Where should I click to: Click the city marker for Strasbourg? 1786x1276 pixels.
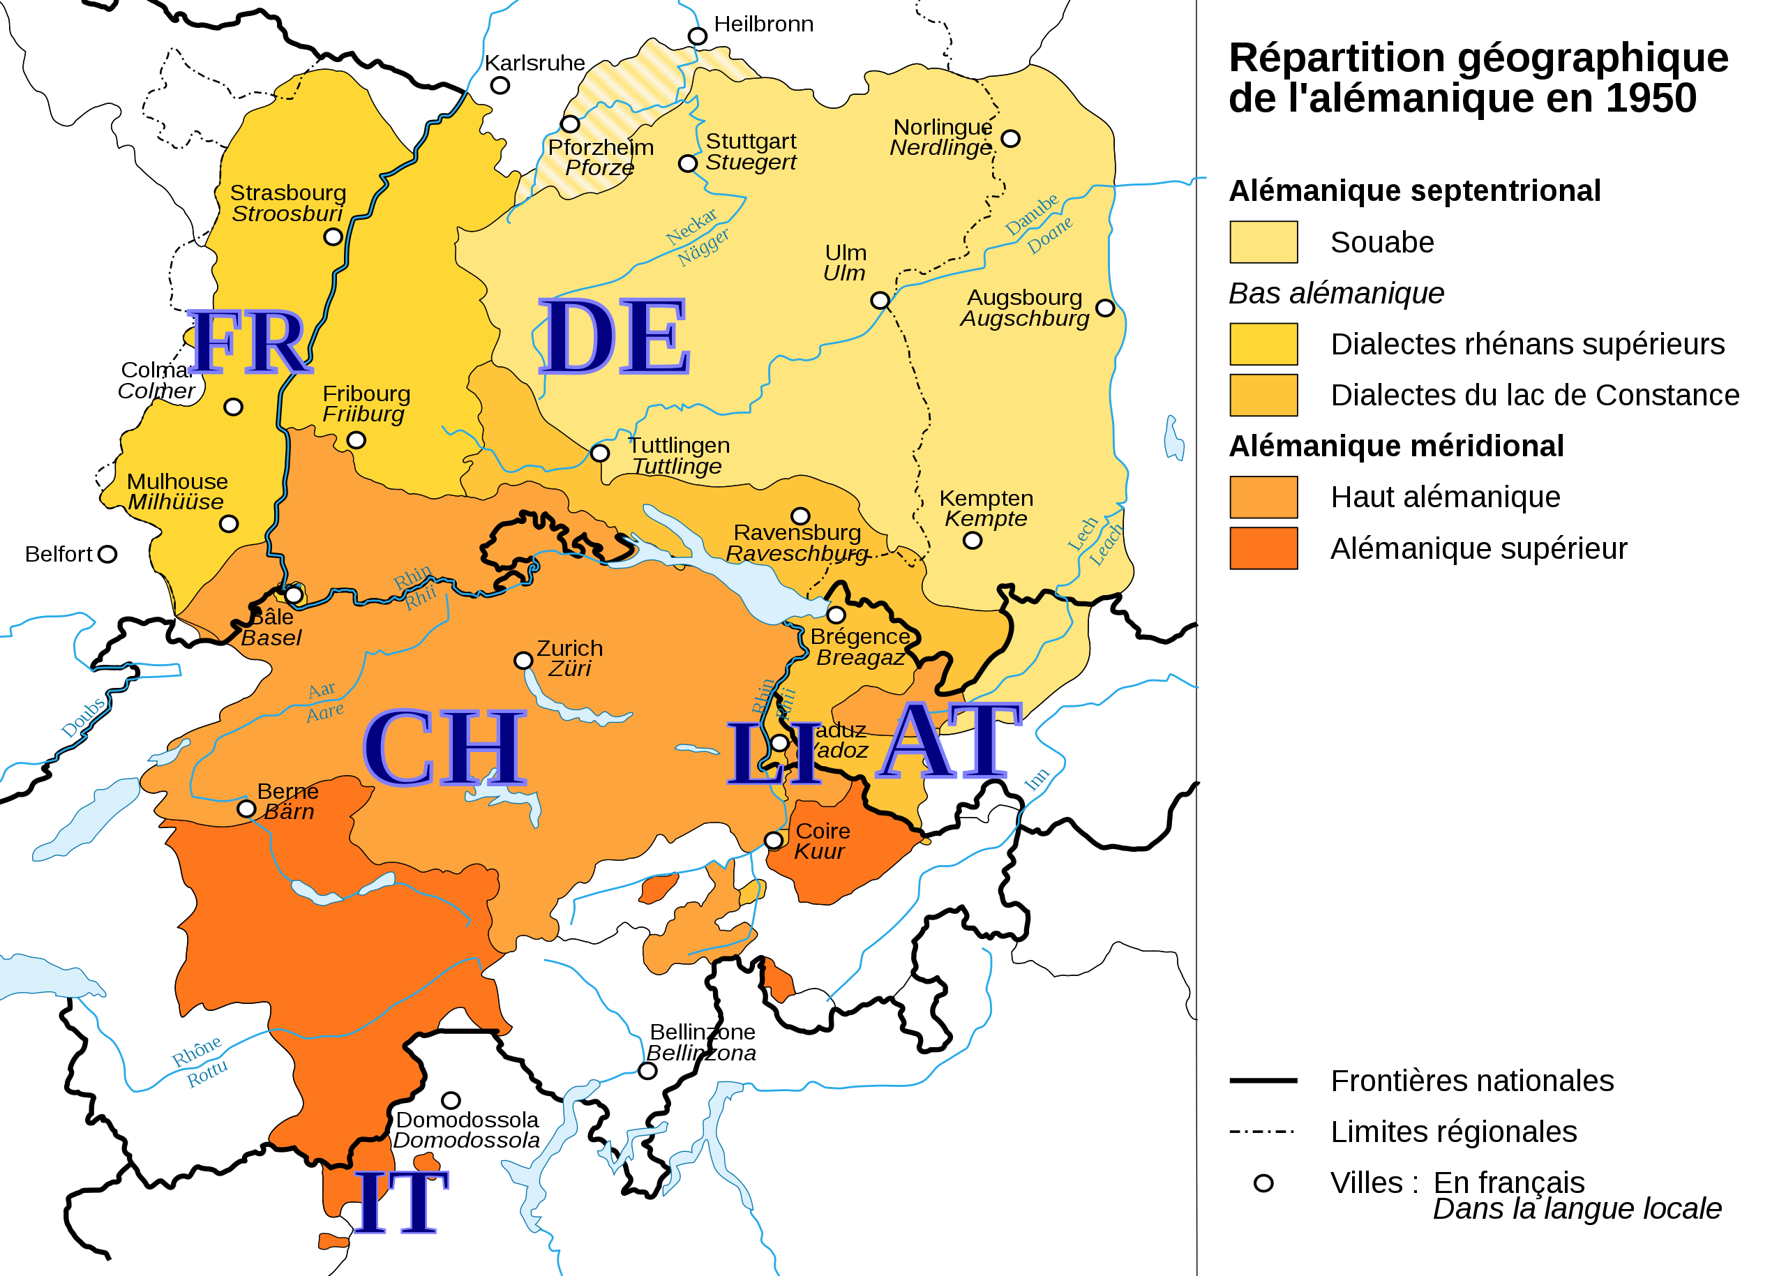point(333,237)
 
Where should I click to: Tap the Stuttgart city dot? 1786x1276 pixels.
point(687,163)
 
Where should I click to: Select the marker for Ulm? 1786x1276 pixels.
point(880,300)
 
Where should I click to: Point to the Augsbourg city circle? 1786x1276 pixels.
point(1105,308)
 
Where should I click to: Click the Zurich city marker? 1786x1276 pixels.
point(523,661)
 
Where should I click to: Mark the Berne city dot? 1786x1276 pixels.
point(247,809)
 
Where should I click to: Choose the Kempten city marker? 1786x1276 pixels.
point(973,541)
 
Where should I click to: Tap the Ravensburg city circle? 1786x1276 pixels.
point(800,516)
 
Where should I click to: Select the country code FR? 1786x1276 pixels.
point(248,343)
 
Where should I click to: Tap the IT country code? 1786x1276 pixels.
point(400,1201)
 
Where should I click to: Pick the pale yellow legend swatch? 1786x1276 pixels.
point(1263,242)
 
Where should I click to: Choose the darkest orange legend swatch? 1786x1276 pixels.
point(1263,548)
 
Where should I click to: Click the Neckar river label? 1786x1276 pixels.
point(691,225)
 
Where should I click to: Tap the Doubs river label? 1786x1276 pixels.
point(83,717)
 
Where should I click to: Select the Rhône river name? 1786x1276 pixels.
point(197,1051)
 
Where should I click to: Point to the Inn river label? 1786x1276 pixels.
point(1037,779)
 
